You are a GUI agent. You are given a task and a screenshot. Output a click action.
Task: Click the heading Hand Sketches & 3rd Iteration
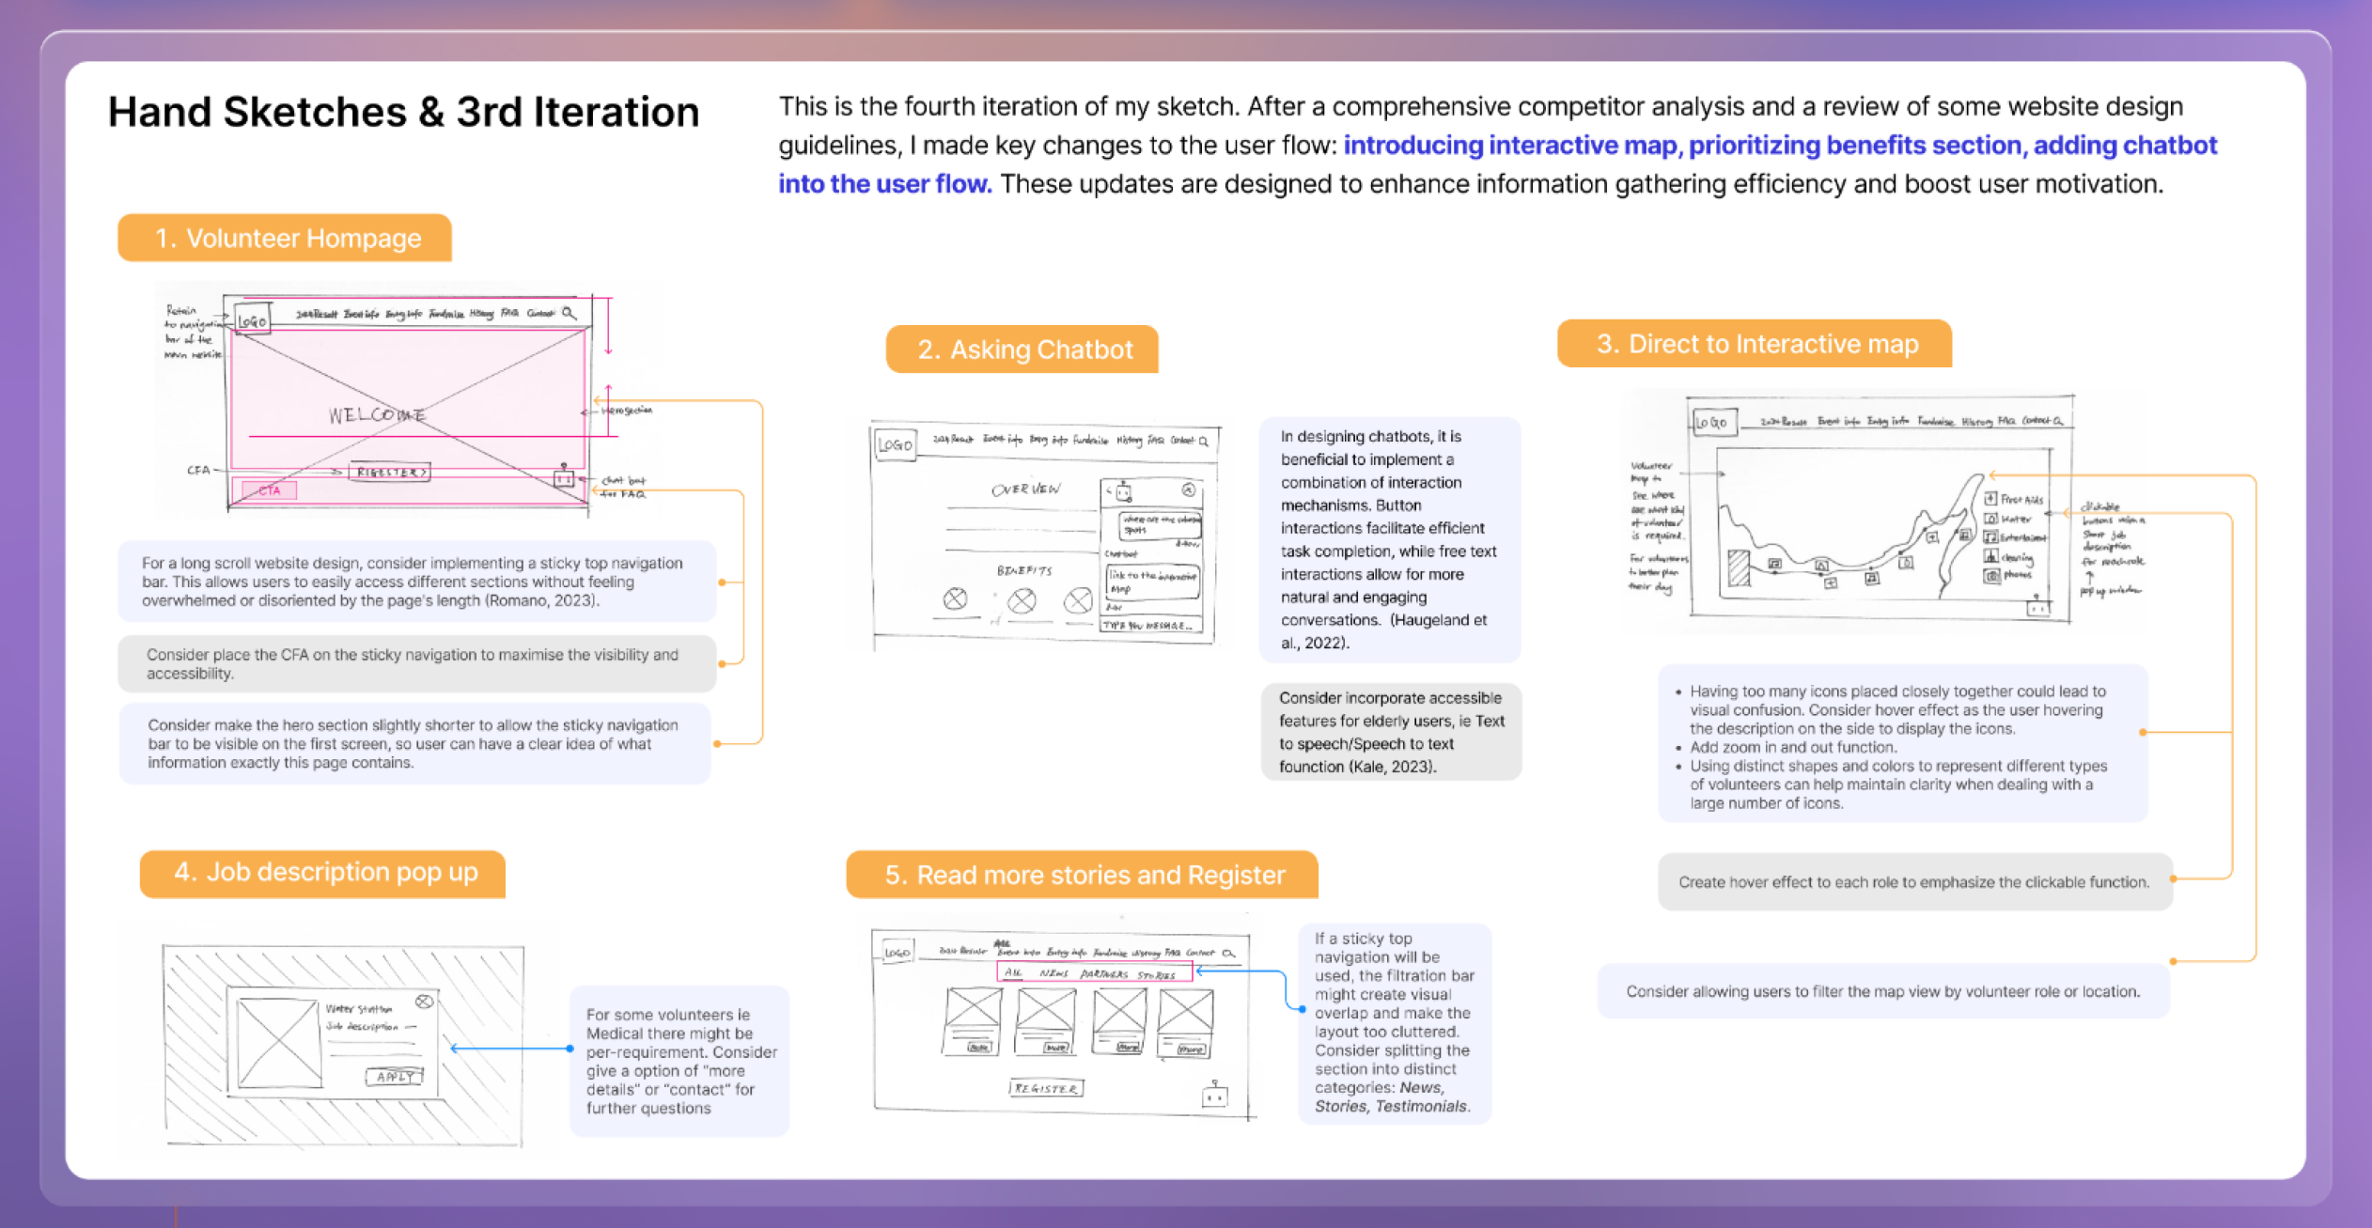[403, 112]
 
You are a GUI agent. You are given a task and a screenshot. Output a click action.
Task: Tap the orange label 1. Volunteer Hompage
[285, 238]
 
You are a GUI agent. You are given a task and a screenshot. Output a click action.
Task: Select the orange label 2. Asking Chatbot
[1022, 350]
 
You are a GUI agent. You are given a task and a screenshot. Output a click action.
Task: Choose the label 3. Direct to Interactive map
[1755, 344]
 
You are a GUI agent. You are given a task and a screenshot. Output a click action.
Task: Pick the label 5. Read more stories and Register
[1083, 875]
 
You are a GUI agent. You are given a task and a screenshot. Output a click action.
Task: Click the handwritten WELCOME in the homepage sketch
[377, 414]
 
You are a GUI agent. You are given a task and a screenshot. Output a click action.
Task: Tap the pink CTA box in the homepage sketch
[269, 490]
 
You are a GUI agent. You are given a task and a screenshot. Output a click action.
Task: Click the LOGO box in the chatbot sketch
[895, 444]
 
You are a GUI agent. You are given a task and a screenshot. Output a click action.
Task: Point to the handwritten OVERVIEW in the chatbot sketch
[1024, 490]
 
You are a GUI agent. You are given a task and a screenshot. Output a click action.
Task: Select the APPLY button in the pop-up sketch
[395, 1077]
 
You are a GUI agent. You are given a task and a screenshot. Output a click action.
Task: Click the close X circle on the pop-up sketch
[424, 1002]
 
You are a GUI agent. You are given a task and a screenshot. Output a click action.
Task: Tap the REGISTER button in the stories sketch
[1046, 1088]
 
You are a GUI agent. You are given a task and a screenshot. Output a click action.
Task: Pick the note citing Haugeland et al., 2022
[1388, 539]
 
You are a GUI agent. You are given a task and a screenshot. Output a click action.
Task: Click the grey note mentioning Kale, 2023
[1391, 732]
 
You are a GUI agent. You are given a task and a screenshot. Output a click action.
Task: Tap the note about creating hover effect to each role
[1914, 882]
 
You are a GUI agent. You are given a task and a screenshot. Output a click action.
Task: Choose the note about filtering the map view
[1883, 991]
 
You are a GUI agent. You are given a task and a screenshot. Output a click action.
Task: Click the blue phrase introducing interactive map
[1509, 146]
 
